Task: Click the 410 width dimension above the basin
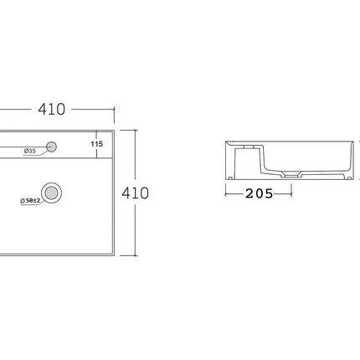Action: [x=52, y=109]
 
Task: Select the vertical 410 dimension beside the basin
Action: [x=135, y=193]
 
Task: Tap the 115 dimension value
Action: [x=97, y=144]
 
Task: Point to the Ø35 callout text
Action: [x=29, y=151]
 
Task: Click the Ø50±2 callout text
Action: [x=30, y=200]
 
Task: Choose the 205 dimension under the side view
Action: [x=259, y=193]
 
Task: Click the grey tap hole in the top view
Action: [x=51, y=147]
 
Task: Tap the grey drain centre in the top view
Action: [x=51, y=193]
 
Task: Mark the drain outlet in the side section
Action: [x=291, y=175]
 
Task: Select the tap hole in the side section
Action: [x=249, y=147]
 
